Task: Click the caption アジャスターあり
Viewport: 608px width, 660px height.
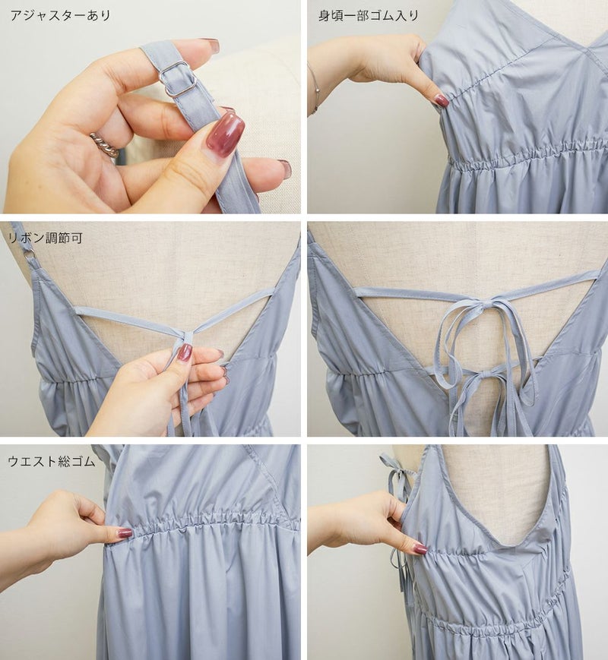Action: [60, 16]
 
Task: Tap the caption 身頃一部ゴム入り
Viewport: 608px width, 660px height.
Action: [369, 16]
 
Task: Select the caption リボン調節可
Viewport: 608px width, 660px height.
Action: [46, 238]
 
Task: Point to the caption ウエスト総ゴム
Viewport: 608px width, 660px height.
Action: [52, 461]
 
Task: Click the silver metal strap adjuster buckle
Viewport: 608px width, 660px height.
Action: [177, 79]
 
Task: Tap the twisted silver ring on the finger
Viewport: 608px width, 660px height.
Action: [104, 145]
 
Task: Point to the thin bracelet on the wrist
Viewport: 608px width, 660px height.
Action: [315, 88]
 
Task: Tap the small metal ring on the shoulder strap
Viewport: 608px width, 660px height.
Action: [30, 253]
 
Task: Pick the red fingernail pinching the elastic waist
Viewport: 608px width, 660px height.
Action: [125, 533]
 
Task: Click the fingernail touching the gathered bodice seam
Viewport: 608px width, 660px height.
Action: [442, 100]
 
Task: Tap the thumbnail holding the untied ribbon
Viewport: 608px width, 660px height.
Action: [185, 352]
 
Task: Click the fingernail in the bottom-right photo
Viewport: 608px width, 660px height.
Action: [420, 548]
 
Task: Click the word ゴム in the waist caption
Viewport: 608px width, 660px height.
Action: [84, 461]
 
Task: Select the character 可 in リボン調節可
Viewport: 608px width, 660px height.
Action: [77, 238]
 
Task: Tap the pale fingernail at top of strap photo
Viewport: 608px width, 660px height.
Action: [211, 44]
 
